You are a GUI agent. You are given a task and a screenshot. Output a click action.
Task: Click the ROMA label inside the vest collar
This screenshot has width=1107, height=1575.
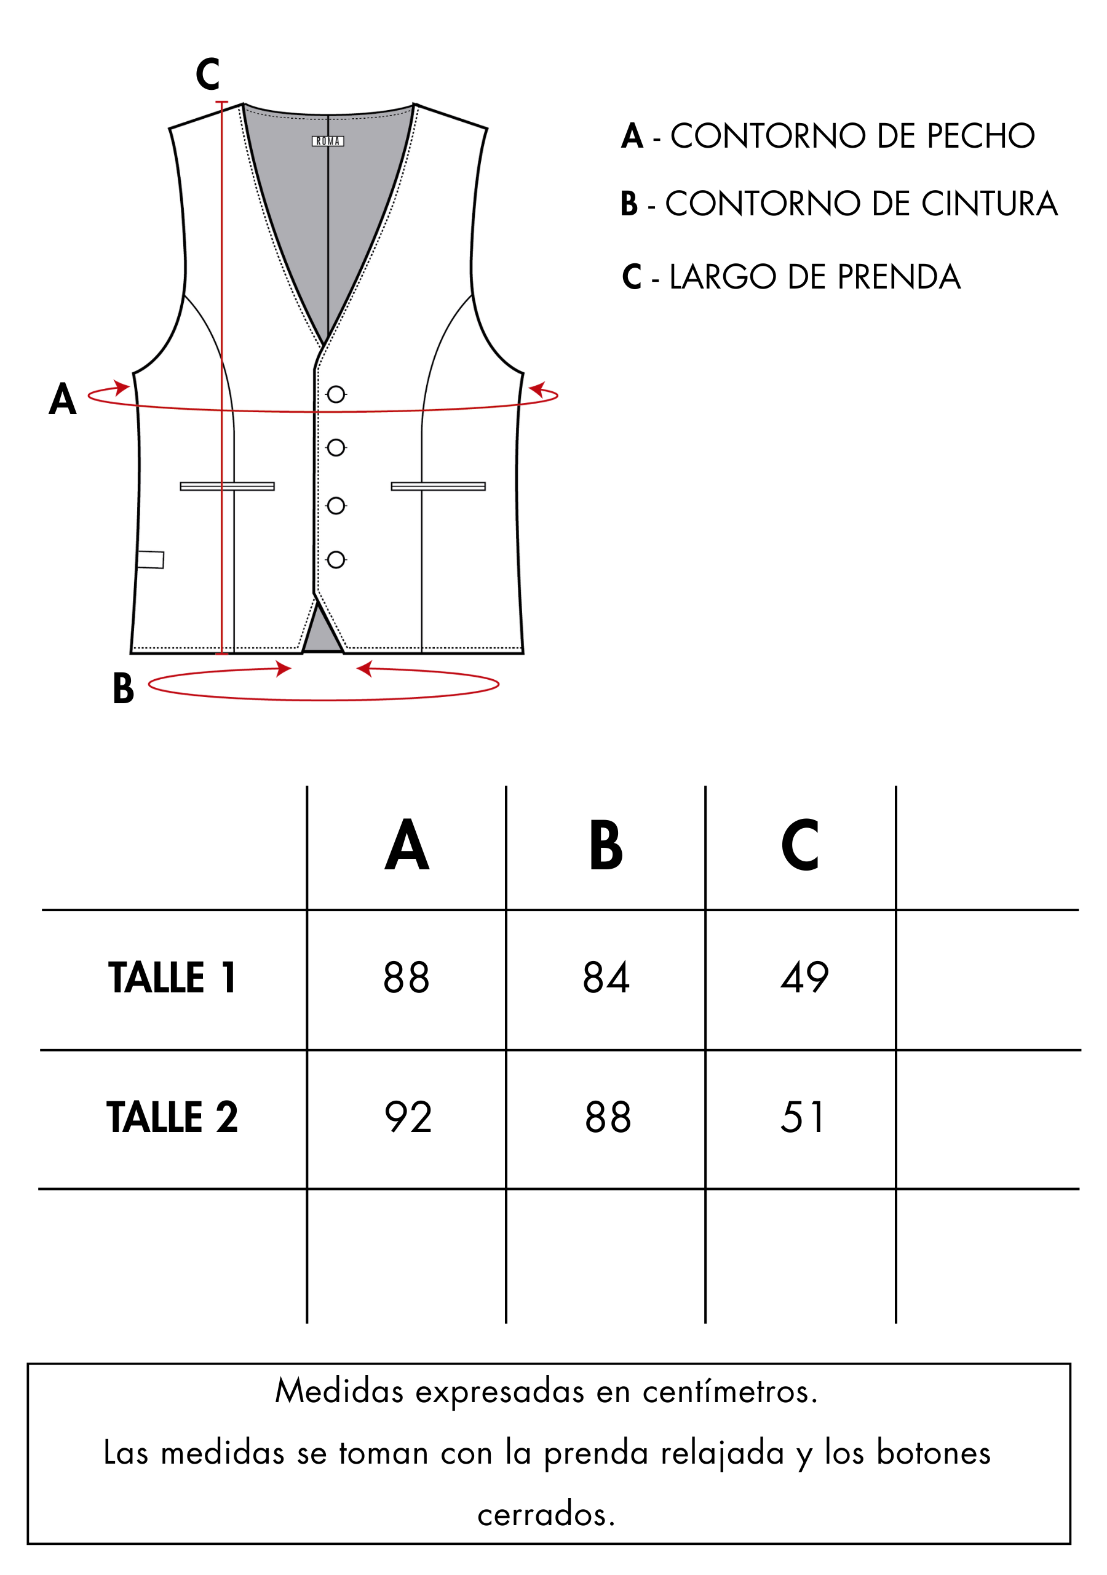tap(328, 142)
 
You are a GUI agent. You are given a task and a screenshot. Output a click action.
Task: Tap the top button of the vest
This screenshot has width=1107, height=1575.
tap(336, 394)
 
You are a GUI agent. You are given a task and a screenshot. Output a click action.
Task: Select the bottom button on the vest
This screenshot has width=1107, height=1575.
tap(336, 560)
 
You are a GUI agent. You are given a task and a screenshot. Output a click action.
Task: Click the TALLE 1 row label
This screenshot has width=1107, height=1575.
tap(172, 978)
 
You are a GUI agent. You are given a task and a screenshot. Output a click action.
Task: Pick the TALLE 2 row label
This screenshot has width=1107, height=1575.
tap(172, 1117)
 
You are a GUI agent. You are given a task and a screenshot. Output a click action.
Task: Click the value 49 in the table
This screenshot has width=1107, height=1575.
tap(804, 978)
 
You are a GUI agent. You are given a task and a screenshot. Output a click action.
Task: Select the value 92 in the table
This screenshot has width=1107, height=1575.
tap(408, 1117)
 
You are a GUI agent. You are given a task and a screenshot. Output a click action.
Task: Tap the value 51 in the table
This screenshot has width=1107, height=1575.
tap(802, 1117)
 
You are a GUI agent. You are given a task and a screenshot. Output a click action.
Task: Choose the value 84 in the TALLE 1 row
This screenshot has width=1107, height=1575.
tap(606, 978)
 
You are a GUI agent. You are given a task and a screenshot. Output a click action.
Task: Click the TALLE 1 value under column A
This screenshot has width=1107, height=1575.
tap(407, 978)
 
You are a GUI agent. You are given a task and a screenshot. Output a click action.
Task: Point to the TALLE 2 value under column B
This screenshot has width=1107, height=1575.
tap(608, 1117)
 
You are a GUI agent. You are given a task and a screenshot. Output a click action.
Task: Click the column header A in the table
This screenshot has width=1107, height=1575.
tap(407, 845)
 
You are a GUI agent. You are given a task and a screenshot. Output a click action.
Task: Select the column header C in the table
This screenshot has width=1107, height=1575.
tap(799, 845)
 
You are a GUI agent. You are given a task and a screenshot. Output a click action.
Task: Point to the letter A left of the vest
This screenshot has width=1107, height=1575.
tap(62, 399)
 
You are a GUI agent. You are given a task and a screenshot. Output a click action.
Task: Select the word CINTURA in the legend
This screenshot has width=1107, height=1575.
tap(989, 204)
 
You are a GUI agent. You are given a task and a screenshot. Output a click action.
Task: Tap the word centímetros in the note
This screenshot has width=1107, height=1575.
tap(731, 1392)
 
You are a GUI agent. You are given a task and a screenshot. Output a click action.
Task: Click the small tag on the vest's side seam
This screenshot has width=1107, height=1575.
tap(150, 560)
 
